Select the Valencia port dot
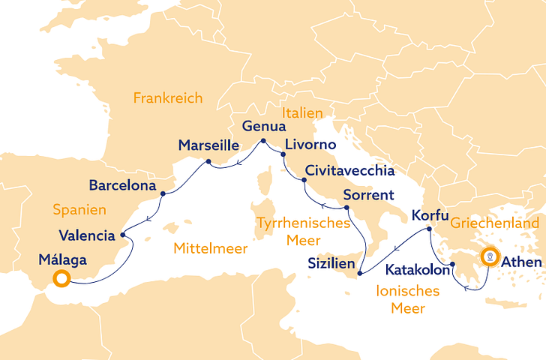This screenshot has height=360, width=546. pos(123,235)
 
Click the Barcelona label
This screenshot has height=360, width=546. pos(121,184)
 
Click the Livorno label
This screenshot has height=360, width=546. pos(310,143)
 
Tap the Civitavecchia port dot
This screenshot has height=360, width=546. pos(304,180)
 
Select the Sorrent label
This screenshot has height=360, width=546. pos(368,195)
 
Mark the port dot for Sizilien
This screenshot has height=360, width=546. pos(360,273)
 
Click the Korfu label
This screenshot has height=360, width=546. pos(430,216)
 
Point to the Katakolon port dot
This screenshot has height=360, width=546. pos(452,265)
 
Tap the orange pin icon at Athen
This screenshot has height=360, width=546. pos(490,256)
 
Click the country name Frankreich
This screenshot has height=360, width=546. pos(168,97)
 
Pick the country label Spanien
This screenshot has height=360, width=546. pos(79,209)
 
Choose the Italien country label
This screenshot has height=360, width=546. pos(303,113)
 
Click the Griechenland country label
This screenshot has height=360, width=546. pos(494,223)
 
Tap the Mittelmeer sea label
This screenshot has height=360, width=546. pos(210,248)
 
